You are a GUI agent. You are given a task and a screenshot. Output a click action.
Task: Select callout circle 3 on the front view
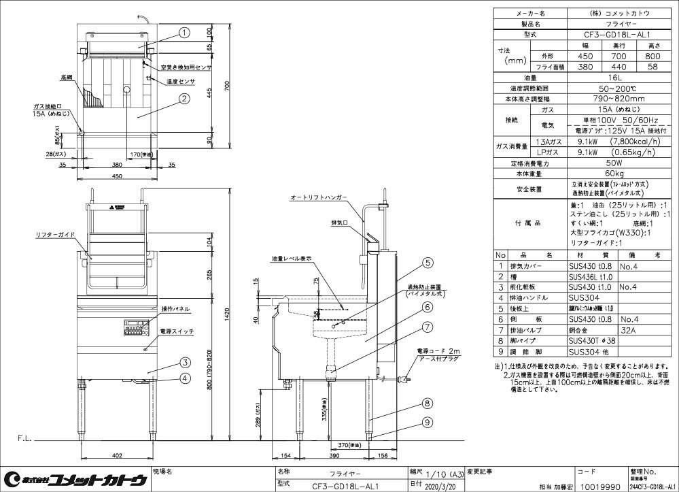point(185,362)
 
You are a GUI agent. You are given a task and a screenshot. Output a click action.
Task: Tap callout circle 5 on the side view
point(427,262)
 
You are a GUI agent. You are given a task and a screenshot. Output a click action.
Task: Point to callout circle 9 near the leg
point(427,422)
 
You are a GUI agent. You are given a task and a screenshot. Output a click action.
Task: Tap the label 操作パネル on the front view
point(176,309)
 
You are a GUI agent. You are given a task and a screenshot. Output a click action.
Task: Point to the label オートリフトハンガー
point(318,197)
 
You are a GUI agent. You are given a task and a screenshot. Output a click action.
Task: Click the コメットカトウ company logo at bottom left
point(75,480)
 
